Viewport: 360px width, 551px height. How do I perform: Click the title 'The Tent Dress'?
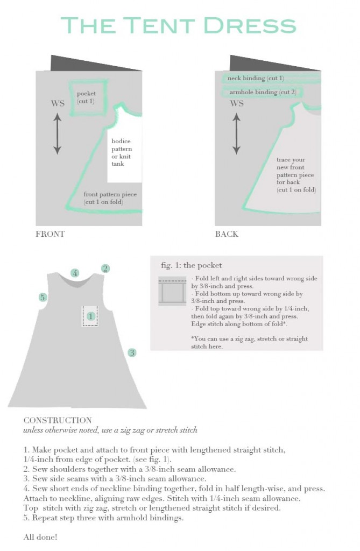[179, 25]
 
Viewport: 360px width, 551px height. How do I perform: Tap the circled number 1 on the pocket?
[90, 316]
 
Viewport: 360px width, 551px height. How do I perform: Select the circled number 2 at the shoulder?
[105, 269]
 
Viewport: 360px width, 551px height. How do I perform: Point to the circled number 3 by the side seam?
[132, 353]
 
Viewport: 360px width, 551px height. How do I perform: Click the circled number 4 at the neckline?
[75, 273]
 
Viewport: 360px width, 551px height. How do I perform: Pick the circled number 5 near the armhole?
[43, 297]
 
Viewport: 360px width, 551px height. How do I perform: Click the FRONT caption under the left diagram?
[50, 234]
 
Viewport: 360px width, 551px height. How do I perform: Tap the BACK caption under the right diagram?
[227, 234]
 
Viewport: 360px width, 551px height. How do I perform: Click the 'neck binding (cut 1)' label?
[256, 79]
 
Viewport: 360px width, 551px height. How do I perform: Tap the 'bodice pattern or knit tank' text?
[122, 152]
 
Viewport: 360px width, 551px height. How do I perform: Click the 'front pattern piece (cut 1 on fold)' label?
[110, 198]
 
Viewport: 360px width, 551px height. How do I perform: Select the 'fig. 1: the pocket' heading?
[191, 265]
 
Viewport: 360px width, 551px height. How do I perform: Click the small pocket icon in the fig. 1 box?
[172, 292]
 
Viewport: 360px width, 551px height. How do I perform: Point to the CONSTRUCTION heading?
[58, 420]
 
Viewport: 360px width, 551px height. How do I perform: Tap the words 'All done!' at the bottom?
[40, 536]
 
